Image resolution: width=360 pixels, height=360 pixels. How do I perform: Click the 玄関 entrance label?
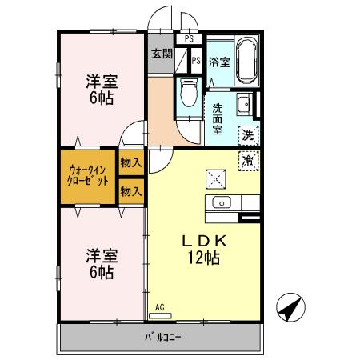coord(162,54)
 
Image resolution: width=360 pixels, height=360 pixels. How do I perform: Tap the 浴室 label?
coord(221,62)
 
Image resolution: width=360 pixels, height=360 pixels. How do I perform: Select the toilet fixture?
coord(188,94)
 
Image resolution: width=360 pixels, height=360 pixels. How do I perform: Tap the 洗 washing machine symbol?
coord(248,134)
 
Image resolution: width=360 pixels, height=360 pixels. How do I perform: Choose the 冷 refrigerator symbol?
coord(248,160)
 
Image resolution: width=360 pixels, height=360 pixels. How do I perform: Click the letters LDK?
coord(203,240)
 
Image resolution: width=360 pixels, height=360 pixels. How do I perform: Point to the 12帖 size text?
coord(204,258)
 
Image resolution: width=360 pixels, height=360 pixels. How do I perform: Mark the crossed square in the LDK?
coord(216,178)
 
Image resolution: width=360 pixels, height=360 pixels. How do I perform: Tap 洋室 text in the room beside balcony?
coord(102,256)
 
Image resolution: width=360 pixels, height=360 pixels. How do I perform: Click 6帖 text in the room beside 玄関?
coord(101,99)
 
